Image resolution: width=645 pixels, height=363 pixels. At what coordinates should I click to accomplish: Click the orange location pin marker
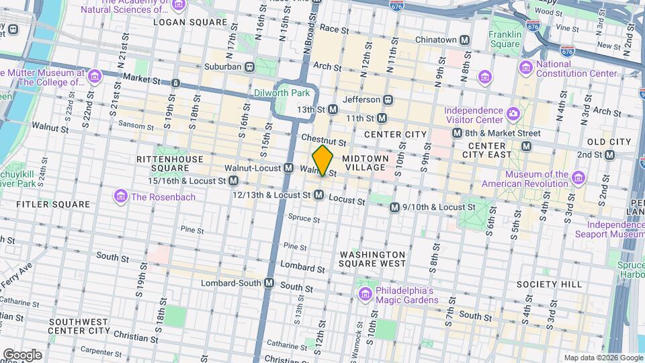(x=323, y=161)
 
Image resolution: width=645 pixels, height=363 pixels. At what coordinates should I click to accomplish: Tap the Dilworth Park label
(x=282, y=93)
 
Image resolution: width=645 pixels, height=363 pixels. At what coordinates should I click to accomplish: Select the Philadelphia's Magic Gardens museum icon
(x=365, y=294)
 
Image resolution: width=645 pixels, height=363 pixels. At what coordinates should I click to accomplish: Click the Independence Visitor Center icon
(x=513, y=112)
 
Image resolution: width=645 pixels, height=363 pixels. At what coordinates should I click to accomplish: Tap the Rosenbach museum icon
(x=121, y=196)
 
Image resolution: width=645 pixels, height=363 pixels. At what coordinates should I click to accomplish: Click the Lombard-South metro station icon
(x=269, y=282)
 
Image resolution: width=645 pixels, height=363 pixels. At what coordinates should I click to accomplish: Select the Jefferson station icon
(x=388, y=99)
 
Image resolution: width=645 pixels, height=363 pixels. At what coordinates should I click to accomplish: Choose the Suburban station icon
(x=249, y=67)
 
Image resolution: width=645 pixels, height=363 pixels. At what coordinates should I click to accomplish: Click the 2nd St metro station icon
(x=609, y=155)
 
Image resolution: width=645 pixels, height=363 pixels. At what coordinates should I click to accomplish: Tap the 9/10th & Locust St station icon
(x=395, y=208)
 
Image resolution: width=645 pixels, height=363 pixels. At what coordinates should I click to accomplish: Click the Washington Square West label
(x=372, y=259)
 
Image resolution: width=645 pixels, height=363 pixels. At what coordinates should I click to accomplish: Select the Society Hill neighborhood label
(x=549, y=284)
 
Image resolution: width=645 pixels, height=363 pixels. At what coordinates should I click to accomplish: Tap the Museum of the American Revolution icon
(x=578, y=178)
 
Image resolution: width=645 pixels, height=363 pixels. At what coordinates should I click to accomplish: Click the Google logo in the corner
(x=23, y=354)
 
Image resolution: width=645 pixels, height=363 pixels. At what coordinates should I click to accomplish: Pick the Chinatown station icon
(x=464, y=40)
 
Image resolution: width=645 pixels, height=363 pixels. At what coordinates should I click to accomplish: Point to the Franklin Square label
(x=505, y=39)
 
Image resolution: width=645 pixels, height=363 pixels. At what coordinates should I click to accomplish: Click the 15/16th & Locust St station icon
(x=234, y=181)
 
